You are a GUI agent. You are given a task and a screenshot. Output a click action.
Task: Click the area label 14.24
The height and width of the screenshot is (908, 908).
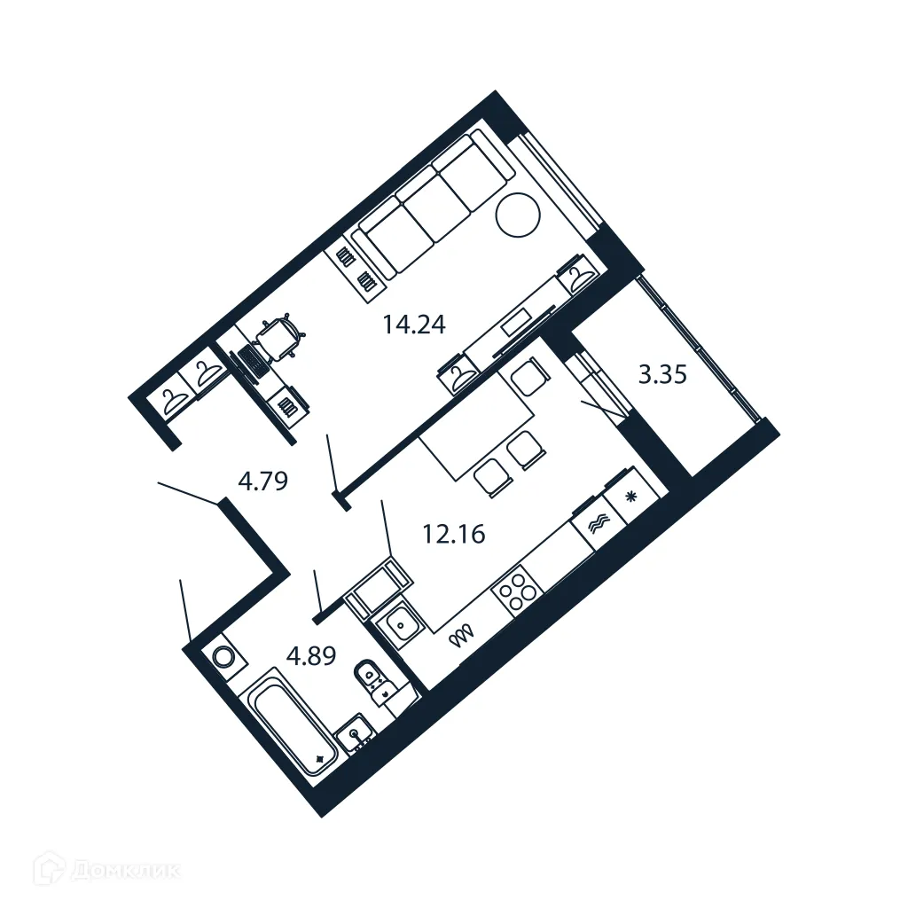(413, 325)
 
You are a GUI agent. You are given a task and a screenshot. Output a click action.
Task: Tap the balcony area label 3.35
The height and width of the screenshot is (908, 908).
(662, 375)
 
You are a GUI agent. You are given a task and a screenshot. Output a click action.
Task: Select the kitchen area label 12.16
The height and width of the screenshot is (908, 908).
(452, 535)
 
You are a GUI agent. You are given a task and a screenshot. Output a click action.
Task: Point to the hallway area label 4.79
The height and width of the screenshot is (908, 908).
(263, 481)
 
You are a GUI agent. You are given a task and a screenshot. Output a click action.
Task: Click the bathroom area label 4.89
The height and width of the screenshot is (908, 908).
(311, 657)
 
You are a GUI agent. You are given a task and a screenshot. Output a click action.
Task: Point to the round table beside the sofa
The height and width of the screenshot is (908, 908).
(517, 214)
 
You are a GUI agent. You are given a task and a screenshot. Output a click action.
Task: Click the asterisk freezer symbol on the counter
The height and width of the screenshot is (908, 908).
(631, 496)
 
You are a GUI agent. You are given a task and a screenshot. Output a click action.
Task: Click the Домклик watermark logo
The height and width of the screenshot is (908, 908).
(111, 870)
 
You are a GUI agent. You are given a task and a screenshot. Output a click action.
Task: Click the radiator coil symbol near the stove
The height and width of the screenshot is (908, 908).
(462, 635)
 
